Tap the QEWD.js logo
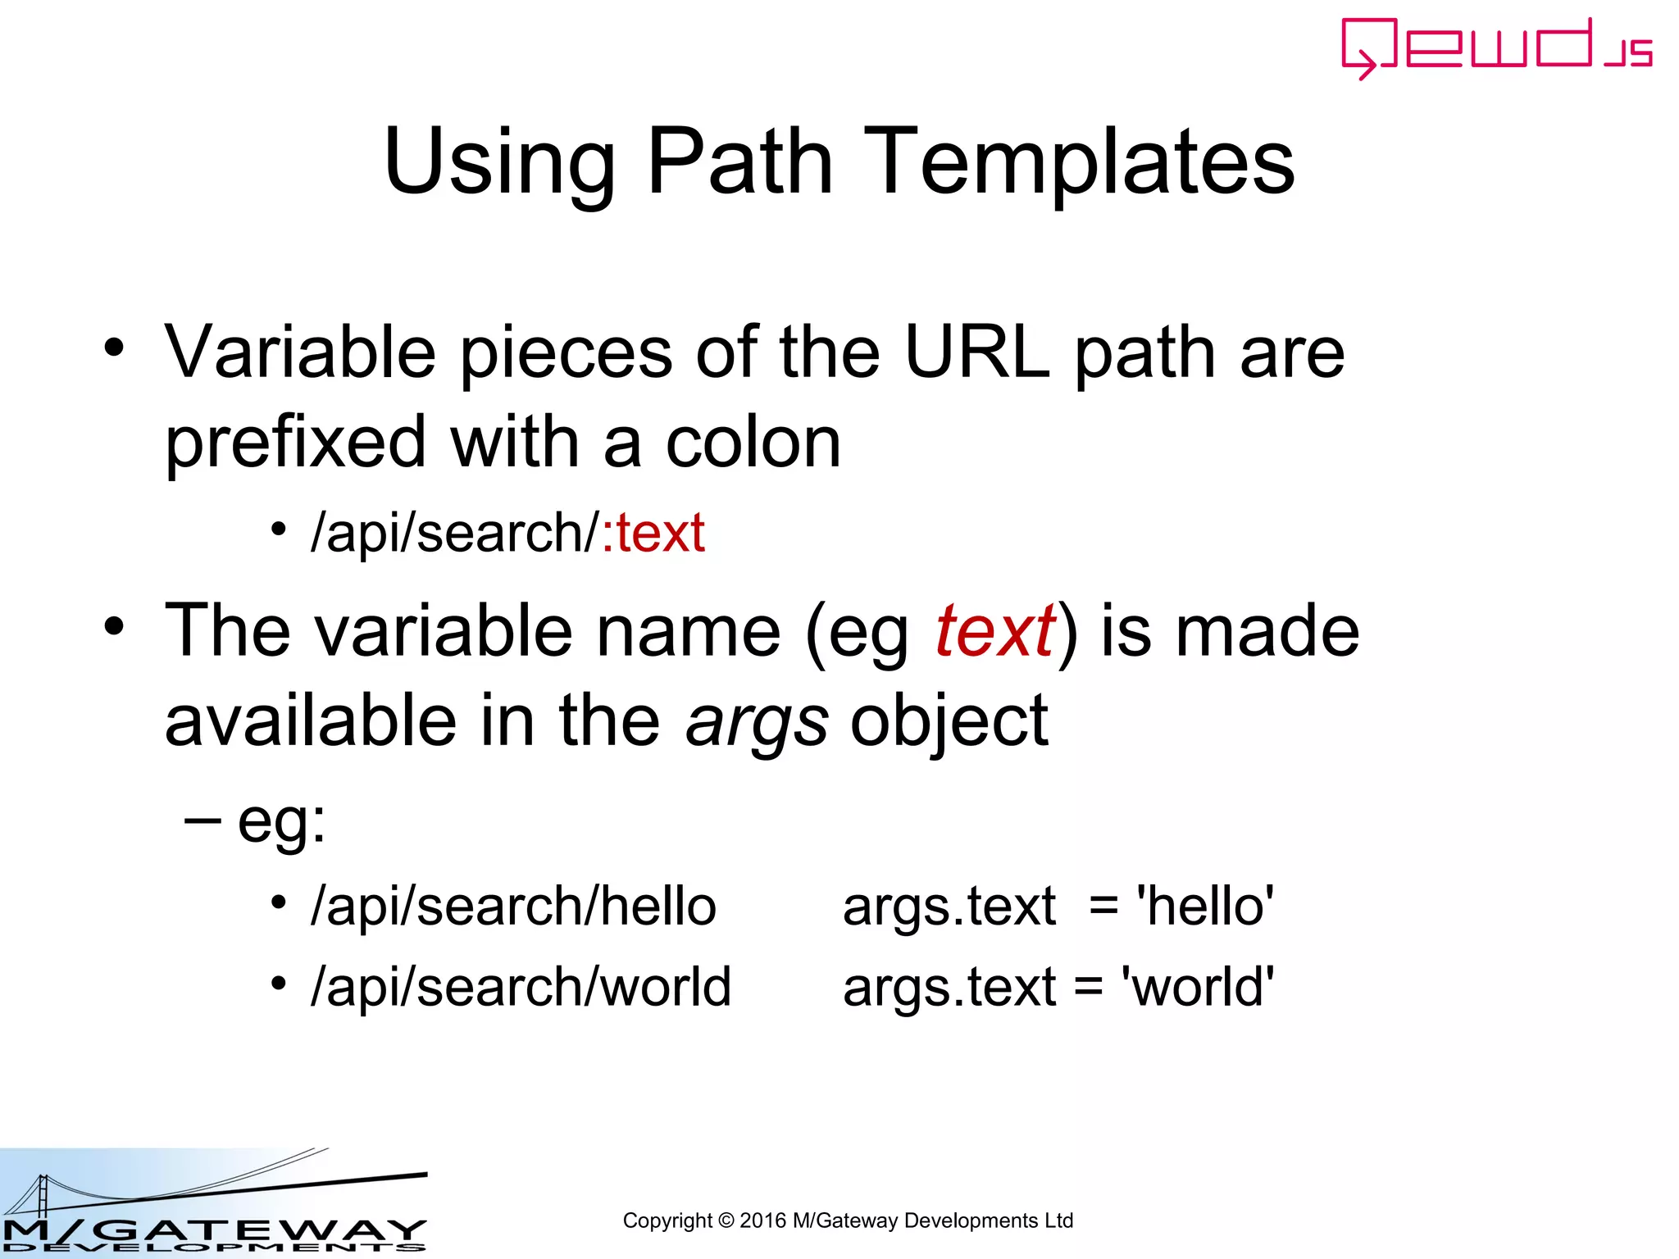point(1496,48)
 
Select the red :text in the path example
point(653,534)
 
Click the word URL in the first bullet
point(976,352)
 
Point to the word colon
point(753,443)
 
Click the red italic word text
point(994,631)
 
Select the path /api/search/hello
point(513,907)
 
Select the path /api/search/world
point(521,987)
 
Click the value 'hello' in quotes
point(1204,907)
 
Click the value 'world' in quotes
point(1197,987)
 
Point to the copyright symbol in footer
point(726,1220)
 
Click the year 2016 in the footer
point(762,1220)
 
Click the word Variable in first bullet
point(300,352)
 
